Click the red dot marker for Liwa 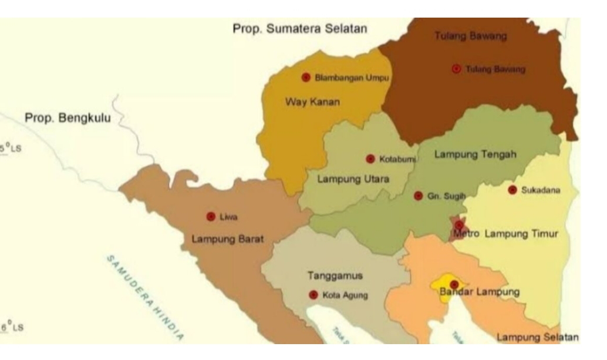(x=211, y=217)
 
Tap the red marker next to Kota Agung (x=313, y=295)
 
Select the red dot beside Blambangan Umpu (x=306, y=78)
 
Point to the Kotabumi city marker (x=370, y=159)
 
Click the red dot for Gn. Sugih (x=418, y=196)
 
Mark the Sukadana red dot (x=512, y=190)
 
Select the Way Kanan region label (x=312, y=102)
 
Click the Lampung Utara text (x=353, y=179)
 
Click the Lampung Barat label (x=228, y=239)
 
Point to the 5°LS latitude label (x=11, y=149)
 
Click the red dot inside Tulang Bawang (x=456, y=69)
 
